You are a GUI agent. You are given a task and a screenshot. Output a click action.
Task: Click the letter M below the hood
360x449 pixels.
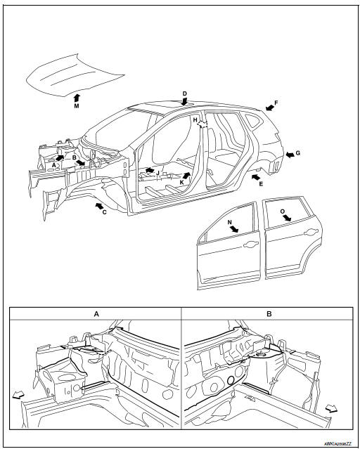[x=76, y=107]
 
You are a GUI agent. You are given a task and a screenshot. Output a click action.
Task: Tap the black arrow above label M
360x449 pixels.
[x=76, y=96]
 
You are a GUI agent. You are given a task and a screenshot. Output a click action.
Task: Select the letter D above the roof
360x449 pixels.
[x=184, y=93]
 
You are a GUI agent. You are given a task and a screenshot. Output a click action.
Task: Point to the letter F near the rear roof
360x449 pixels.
[x=276, y=103]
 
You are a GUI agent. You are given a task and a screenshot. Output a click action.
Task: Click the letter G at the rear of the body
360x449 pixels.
[x=298, y=152]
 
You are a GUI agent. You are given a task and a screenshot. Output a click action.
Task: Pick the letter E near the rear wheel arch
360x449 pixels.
[x=261, y=183]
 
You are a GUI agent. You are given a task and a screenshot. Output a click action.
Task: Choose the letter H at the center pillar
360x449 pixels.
[x=195, y=120]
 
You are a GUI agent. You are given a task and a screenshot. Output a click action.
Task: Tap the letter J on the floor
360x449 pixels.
[x=159, y=172]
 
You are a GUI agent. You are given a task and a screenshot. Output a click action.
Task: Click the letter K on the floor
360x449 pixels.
[x=182, y=183]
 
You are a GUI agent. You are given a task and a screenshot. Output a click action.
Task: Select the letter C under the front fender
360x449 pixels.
[x=104, y=212]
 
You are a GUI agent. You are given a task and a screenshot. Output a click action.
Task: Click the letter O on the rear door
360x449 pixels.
[x=282, y=209]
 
